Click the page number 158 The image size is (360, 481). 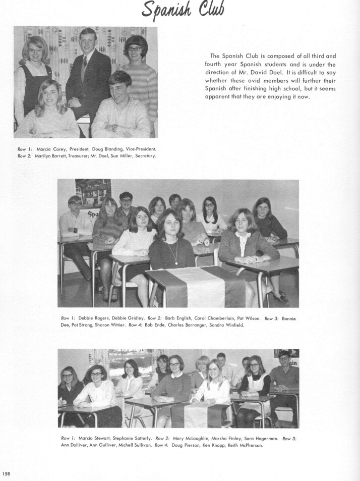(6, 473)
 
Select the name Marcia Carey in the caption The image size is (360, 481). (49, 149)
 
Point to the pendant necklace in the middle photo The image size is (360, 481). (176, 260)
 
